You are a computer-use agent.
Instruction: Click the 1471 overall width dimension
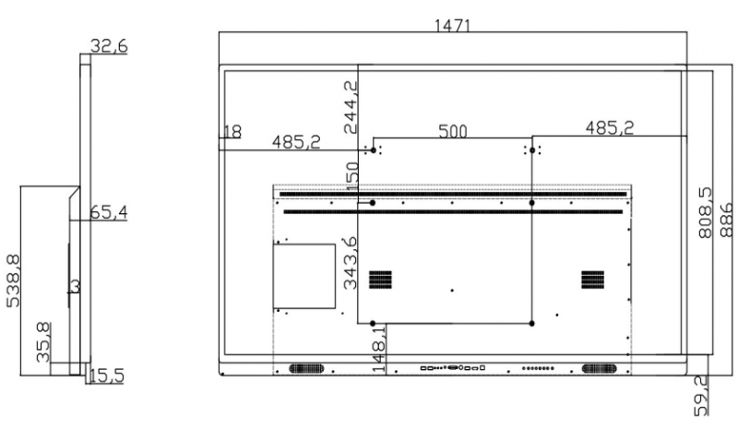[x=452, y=25]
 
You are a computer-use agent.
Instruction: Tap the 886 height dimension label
[x=727, y=220]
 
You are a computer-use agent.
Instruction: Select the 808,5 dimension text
[x=705, y=213]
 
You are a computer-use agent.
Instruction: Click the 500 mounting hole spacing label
[x=453, y=131]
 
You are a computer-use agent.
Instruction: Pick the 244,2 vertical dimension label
[x=351, y=107]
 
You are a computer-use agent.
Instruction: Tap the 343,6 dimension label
[x=351, y=263]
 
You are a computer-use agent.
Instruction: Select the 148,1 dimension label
[x=379, y=349]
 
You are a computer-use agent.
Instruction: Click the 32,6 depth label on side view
[x=109, y=46]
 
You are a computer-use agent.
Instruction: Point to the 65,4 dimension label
[x=109, y=212]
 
